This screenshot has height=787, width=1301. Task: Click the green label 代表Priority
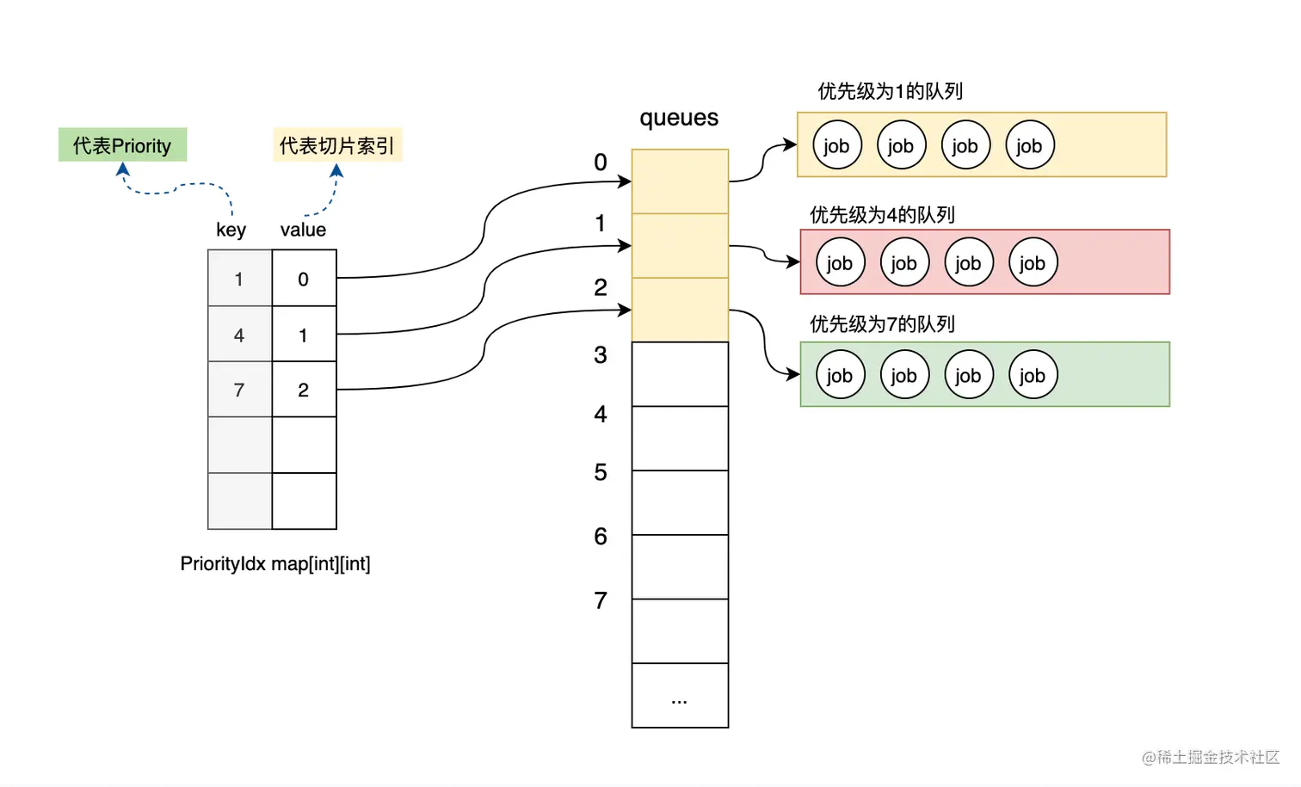(x=122, y=145)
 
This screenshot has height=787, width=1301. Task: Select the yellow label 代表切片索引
(x=337, y=145)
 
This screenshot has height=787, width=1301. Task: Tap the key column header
(x=231, y=230)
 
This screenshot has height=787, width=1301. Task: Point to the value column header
(x=303, y=230)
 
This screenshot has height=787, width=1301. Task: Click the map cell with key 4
(x=239, y=335)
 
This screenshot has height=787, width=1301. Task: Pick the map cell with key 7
(x=239, y=390)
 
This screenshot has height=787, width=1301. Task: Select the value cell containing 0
(x=304, y=279)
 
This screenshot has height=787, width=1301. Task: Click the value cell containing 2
(x=304, y=390)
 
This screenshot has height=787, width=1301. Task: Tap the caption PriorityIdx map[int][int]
(x=275, y=563)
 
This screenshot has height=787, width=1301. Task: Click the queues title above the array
(x=679, y=118)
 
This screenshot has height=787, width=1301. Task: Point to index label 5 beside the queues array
(x=601, y=472)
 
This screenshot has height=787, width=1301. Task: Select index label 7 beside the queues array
(x=601, y=600)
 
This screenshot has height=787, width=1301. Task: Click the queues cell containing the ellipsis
(x=680, y=697)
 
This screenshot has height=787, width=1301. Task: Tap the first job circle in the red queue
(x=840, y=262)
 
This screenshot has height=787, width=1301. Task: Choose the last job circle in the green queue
(x=1033, y=375)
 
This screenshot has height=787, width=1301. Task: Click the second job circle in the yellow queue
(x=901, y=145)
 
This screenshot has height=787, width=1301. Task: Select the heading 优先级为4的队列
(x=882, y=214)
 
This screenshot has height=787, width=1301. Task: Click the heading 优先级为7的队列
(x=882, y=324)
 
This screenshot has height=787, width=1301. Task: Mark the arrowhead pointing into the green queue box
(x=793, y=374)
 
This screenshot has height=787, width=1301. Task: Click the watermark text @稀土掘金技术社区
(x=1211, y=757)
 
